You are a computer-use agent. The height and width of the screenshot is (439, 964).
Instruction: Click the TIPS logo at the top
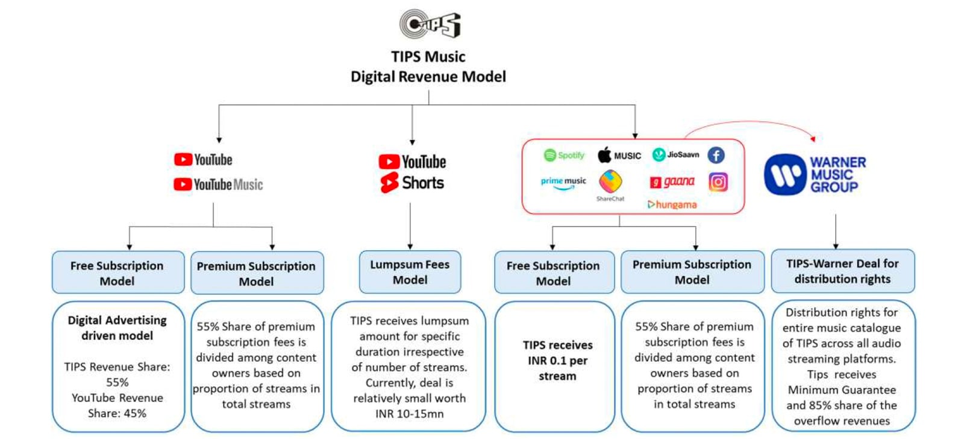coord(430,24)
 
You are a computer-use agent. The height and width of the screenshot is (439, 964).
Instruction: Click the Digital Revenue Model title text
coord(428,77)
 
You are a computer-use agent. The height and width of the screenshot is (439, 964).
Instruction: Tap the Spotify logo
coord(564,156)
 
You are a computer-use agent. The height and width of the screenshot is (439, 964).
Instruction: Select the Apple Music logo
coord(619,156)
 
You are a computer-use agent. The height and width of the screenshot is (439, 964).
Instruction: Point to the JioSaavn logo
coord(675,155)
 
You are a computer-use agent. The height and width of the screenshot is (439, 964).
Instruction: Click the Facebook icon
coord(716,156)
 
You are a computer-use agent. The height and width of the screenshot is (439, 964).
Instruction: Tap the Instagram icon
coord(718,182)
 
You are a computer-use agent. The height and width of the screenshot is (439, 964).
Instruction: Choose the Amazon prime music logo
coord(563,183)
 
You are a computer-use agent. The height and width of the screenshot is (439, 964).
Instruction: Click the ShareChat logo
coord(610,184)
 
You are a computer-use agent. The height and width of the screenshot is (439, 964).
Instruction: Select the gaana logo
coord(672,182)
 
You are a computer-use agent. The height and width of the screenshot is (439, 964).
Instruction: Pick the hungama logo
coord(672,205)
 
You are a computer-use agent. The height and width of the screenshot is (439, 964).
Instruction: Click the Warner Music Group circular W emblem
coord(784,175)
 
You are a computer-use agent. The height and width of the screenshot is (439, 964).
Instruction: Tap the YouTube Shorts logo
coord(413,183)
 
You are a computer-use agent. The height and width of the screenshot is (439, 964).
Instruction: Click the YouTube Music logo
coord(218,185)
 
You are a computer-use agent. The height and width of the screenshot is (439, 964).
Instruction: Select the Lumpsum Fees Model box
coord(410,272)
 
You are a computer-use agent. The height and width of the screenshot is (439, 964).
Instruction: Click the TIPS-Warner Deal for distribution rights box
coord(842,271)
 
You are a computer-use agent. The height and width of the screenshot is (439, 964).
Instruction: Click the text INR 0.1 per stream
coord(557,361)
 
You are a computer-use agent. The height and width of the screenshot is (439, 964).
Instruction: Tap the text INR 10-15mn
coord(409,414)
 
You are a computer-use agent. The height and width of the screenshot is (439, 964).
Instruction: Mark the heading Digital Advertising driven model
coord(117,328)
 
